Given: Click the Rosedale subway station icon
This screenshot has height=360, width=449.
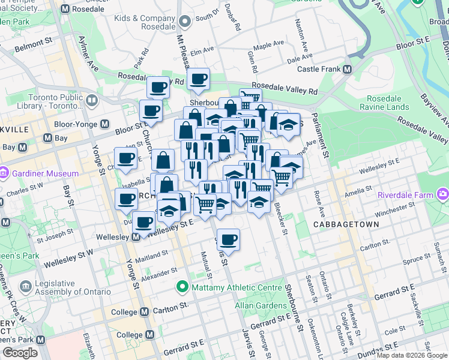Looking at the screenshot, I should tap(65, 10).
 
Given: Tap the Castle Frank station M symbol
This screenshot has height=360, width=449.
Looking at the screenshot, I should tap(347, 69).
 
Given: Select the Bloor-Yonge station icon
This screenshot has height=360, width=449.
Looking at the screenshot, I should tap(104, 124).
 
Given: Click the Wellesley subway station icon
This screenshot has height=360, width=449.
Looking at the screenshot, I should tap(136, 236).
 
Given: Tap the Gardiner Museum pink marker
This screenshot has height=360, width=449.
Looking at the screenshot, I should tap(4, 173).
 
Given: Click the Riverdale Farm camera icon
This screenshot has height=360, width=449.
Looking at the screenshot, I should tap(443, 194).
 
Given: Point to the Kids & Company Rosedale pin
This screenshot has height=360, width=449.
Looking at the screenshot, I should tap(185, 23).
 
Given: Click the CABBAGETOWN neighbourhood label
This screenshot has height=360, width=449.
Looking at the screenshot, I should tap(346, 224).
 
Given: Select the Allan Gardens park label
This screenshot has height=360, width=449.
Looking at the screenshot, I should tap(261, 305).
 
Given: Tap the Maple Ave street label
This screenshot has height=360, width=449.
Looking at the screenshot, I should tap(269, 46).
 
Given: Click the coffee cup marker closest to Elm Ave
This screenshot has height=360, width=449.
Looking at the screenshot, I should tap(197, 79).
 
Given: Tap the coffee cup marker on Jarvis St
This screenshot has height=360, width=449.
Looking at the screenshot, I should tap(228, 240).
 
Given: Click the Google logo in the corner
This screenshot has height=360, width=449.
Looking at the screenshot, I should tap(20, 353).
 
